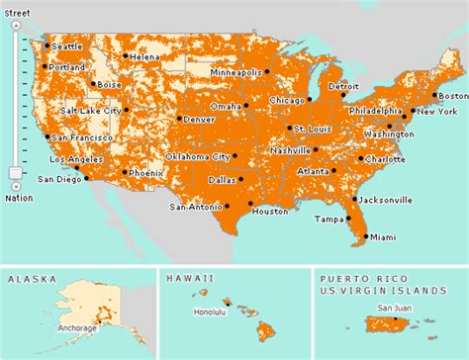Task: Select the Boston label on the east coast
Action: tap(450, 96)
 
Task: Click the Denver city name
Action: tap(199, 120)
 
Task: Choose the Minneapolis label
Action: tap(236, 73)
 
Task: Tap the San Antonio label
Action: tap(196, 208)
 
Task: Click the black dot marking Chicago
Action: tap(269, 101)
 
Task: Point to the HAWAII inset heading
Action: tap(188, 280)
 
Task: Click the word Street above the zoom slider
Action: tap(15, 4)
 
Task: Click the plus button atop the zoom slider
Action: tap(15, 16)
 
